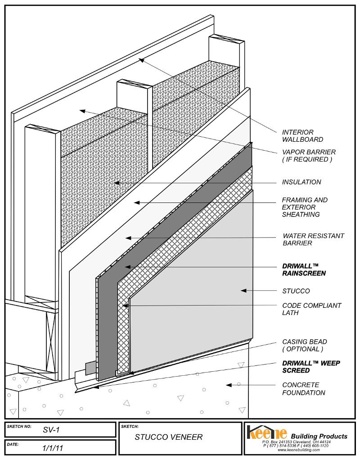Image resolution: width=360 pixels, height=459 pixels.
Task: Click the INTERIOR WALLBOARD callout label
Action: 302,136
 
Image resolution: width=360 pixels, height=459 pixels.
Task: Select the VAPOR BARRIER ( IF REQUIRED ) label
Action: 309,156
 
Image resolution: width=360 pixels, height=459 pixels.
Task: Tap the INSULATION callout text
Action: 301,182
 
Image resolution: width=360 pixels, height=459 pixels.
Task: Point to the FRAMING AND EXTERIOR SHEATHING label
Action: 305,207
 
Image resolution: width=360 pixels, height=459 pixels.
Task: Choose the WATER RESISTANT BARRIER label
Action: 313,239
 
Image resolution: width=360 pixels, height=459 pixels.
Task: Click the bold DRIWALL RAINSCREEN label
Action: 304,270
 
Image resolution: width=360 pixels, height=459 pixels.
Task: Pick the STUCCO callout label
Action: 296,291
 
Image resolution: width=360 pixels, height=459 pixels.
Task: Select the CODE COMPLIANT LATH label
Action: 312,309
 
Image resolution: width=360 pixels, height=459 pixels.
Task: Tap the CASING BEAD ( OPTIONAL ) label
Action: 304,346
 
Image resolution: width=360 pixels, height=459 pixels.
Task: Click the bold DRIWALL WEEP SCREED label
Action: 311,367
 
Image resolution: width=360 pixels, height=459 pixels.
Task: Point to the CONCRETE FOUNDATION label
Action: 303,389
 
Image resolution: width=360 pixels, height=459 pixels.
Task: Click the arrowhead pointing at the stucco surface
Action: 243,291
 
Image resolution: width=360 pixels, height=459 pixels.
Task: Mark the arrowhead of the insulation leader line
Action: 117,183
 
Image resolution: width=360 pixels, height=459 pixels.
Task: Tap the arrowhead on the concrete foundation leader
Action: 229,385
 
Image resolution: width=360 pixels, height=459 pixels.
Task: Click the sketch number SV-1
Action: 51,430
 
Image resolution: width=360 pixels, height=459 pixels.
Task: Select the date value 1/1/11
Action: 53,448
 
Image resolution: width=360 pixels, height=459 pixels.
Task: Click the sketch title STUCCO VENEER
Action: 169,437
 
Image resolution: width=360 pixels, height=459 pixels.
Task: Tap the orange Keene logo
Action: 267,432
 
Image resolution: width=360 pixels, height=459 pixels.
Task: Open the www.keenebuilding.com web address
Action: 298,450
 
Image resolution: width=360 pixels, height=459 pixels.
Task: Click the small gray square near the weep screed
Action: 91,368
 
